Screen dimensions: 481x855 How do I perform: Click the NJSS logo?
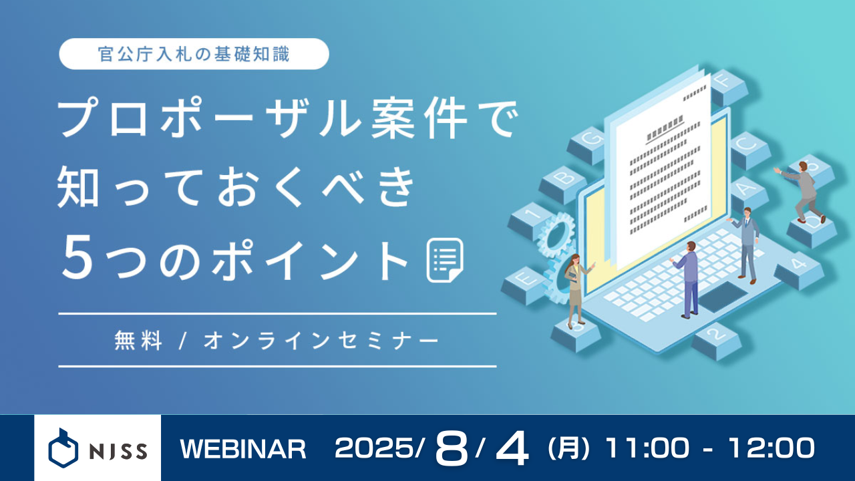98,448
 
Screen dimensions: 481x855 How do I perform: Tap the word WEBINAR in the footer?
243,449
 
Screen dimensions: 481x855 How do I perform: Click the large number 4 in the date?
512,449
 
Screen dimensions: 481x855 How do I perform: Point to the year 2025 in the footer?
375,449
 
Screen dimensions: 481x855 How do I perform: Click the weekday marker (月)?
568,449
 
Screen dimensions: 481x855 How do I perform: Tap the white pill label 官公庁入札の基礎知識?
194,54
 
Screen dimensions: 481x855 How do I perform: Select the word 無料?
138,341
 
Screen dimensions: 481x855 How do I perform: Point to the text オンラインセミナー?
321,341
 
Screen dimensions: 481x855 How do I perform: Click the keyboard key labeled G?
588,142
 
